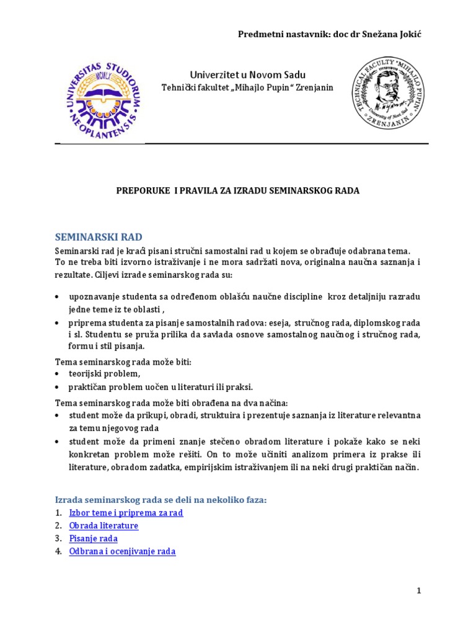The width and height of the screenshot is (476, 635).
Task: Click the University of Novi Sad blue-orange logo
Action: (x=102, y=97)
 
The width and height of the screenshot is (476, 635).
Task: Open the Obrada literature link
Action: (x=104, y=526)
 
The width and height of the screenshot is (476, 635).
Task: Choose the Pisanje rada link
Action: (x=93, y=538)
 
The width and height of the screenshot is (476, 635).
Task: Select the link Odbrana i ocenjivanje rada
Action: (x=122, y=551)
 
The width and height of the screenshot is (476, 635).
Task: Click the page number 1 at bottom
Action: (x=419, y=591)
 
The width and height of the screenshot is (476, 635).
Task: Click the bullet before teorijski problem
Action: (x=58, y=374)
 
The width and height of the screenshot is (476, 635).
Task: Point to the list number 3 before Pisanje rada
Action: (x=58, y=538)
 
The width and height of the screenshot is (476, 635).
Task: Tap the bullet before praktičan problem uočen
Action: (x=58, y=388)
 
